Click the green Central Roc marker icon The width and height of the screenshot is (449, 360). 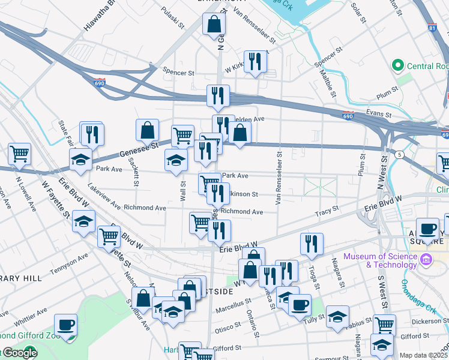click(x=396, y=65)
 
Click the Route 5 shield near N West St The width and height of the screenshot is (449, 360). click(x=399, y=154)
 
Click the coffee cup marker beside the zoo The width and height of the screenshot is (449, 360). click(x=65, y=325)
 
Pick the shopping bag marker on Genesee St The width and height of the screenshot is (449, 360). click(x=147, y=130)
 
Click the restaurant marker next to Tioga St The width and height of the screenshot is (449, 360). click(x=311, y=244)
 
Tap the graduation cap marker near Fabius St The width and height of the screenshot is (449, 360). click(x=338, y=316)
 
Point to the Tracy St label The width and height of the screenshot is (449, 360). click(x=327, y=211)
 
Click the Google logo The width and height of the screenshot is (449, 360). click(x=19, y=353)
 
